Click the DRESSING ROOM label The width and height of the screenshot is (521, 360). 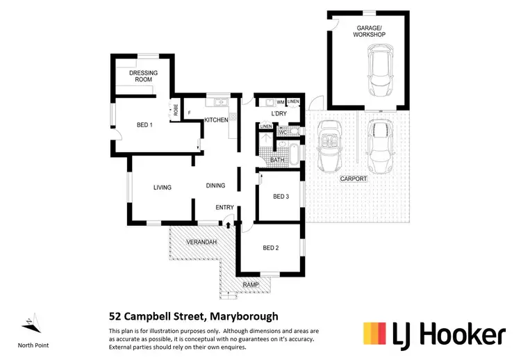click(x=144, y=76)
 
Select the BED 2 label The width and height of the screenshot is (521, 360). click(x=270, y=247)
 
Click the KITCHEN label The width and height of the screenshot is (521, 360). click(x=216, y=120)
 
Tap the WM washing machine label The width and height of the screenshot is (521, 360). click(x=281, y=102)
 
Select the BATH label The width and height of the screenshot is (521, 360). click(x=277, y=161)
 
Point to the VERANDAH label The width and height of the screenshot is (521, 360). click(x=201, y=242)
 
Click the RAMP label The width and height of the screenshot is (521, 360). click(x=250, y=285)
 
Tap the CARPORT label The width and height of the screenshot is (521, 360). click(x=353, y=179)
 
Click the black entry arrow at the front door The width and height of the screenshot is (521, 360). click(x=228, y=223)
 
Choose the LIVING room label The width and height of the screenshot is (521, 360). click(x=162, y=187)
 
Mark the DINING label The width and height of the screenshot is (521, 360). click(x=215, y=186)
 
